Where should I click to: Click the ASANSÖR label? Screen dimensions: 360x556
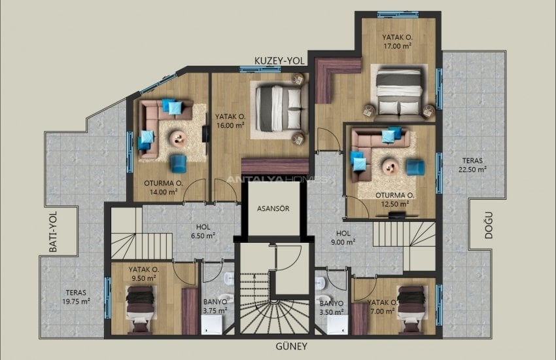(274, 209)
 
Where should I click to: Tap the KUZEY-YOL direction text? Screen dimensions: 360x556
(281, 61)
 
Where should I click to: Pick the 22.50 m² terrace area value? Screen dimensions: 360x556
(472, 168)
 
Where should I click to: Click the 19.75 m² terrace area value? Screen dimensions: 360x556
(77, 302)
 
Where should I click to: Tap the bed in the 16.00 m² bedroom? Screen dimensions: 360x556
(280, 107)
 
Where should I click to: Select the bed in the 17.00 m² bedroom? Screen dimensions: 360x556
(398, 92)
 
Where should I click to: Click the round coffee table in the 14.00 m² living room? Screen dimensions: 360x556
(177, 137)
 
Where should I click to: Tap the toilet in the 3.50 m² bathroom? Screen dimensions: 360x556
(321, 282)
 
